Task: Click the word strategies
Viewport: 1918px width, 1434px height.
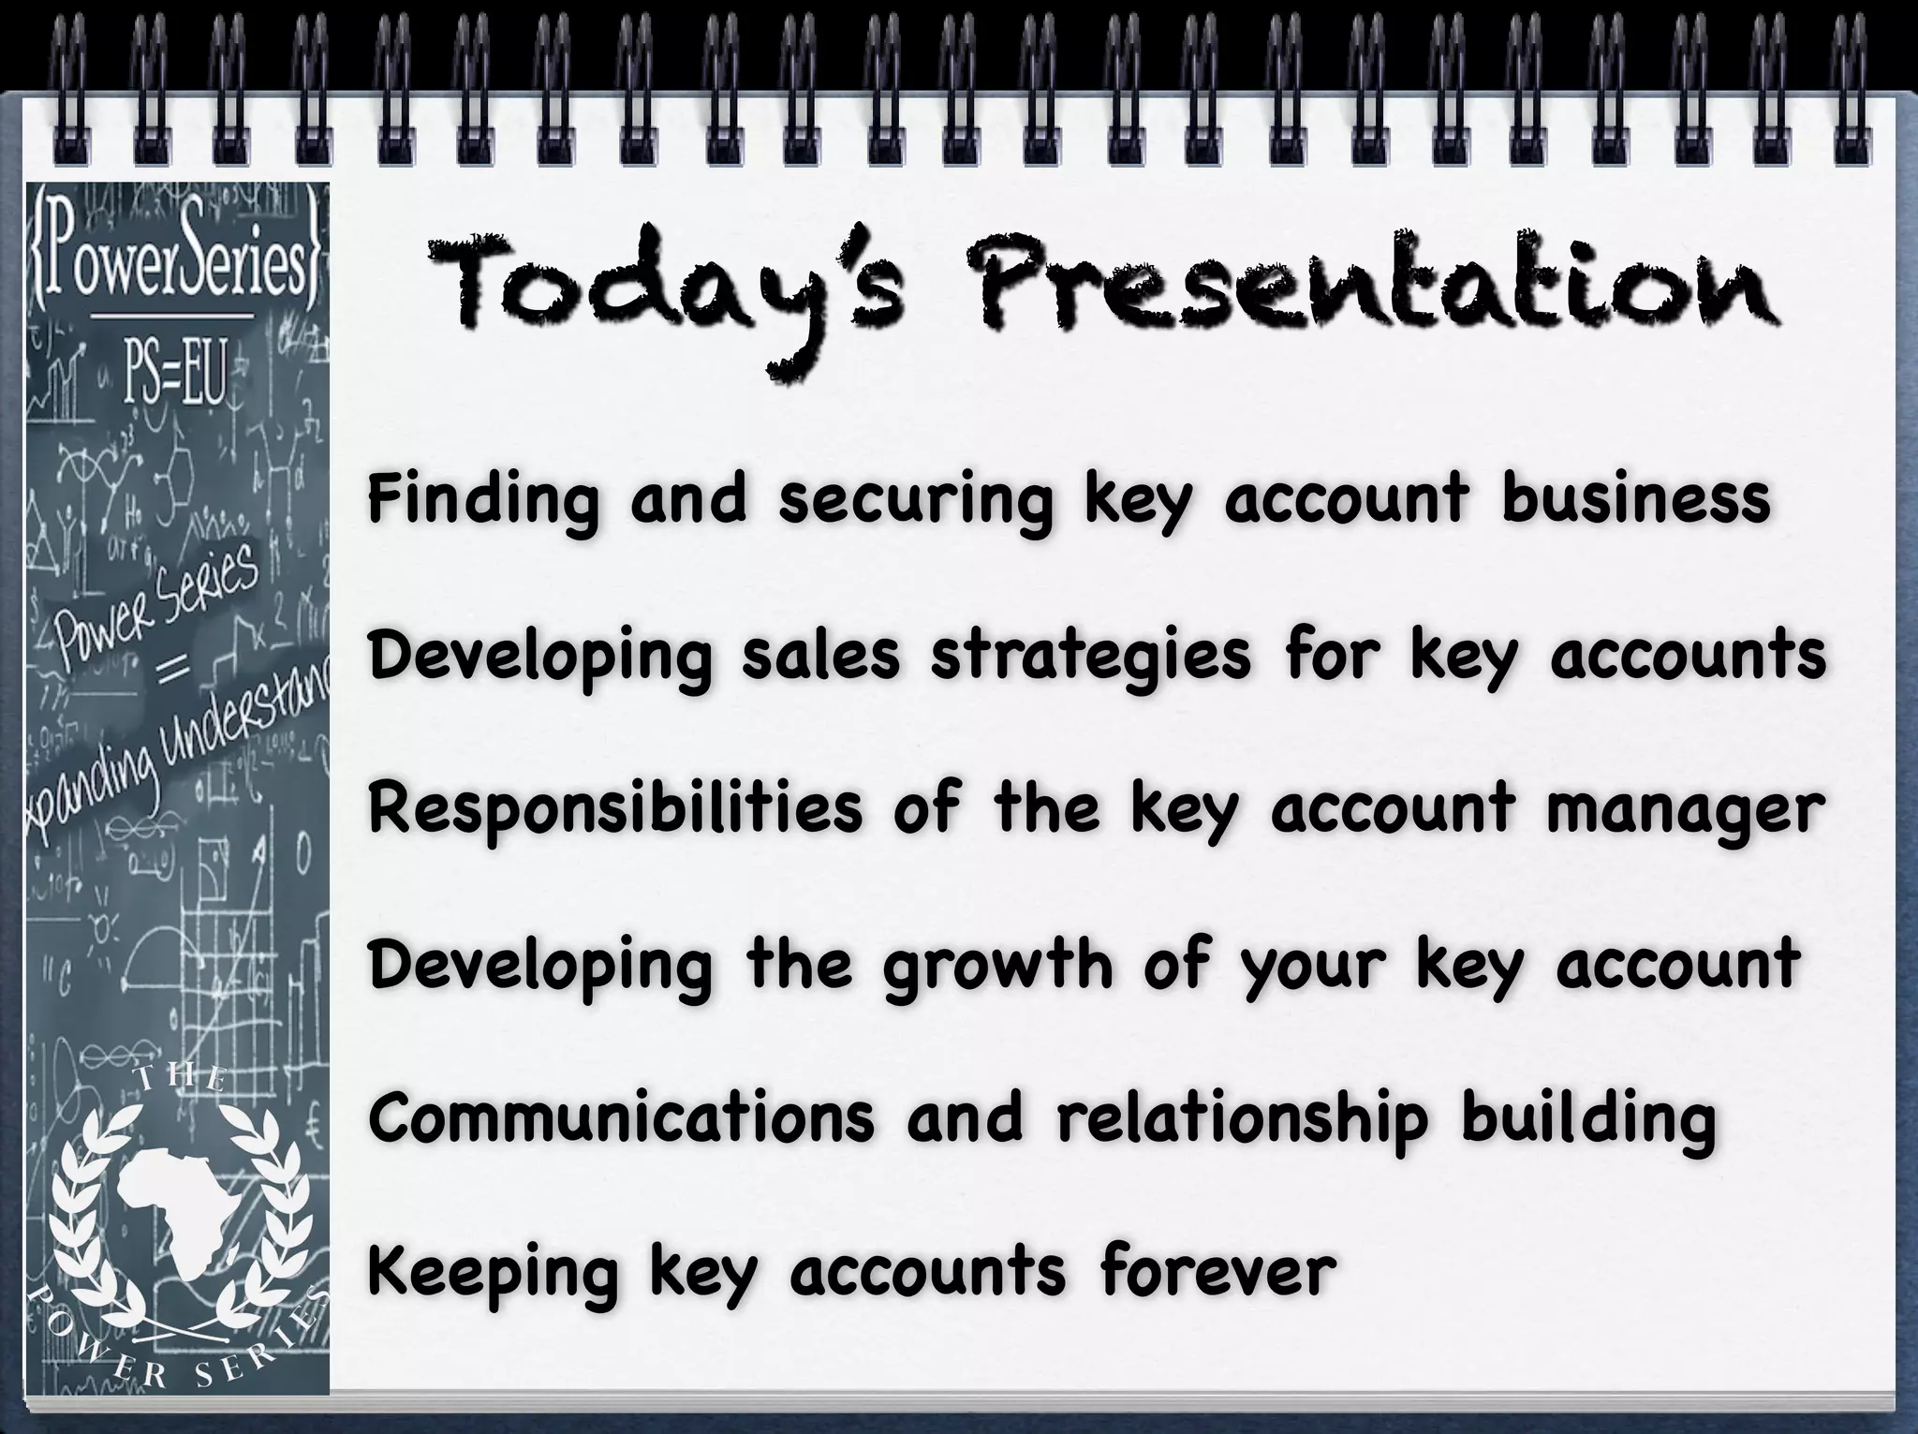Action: pos(1090,657)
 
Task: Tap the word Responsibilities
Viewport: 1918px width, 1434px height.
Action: pos(615,810)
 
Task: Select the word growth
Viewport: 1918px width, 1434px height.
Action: pos(996,968)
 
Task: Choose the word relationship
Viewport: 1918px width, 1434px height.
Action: pos(1242,1121)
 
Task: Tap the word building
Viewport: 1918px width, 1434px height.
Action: pos(1588,1121)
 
